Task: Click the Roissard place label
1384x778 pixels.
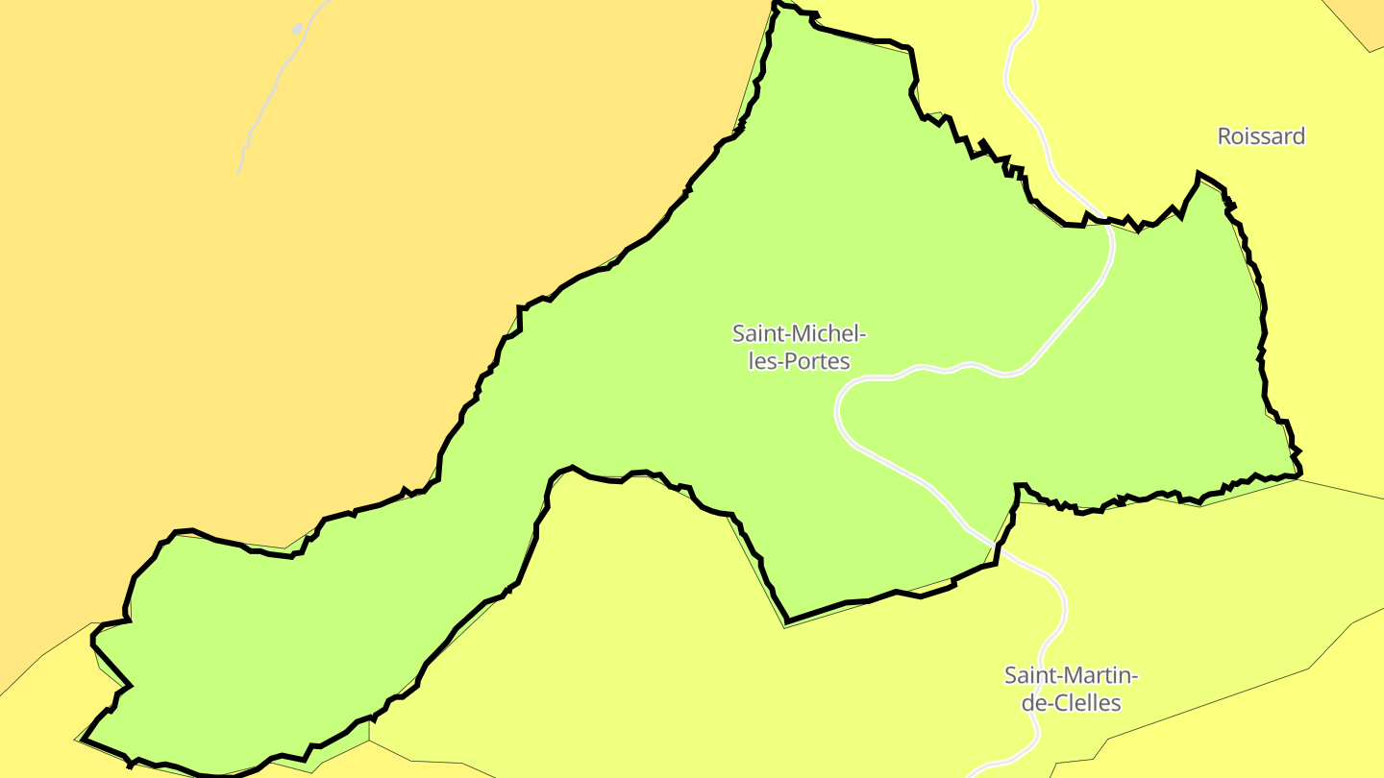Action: pyautogui.click(x=1261, y=136)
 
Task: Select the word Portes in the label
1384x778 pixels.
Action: pyautogui.click(x=818, y=362)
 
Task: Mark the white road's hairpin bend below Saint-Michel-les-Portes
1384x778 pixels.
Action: pyautogui.click(x=839, y=408)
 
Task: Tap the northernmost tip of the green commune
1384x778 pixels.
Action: pyautogui.click(x=777, y=4)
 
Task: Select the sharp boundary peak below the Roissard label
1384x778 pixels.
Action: pyautogui.click(x=1199, y=174)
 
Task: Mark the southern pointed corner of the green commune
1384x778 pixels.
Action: pyautogui.click(x=786, y=622)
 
